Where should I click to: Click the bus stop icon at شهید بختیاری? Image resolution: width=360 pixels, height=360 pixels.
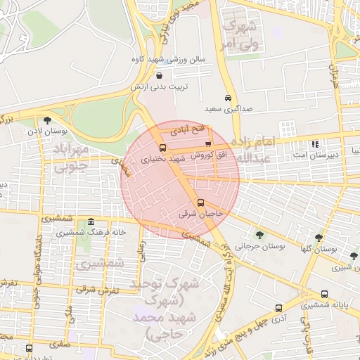pyautogui.click(x=163, y=148)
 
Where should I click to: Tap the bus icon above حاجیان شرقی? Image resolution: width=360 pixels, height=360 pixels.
pyautogui.click(x=201, y=204)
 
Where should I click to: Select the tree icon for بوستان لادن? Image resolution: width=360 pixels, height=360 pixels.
pyautogui.click(x=46, y=120)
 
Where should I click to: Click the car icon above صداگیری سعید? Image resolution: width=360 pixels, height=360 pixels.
pyautogui.click(x=228, y=98)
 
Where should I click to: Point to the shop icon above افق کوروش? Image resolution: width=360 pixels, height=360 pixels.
pyautogui.click(x=207, y=143)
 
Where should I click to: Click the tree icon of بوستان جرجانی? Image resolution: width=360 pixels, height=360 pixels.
pyautogui.click(x=260, y=235)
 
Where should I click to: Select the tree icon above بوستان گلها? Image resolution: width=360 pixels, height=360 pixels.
pyautogui.click(x=319, y=238)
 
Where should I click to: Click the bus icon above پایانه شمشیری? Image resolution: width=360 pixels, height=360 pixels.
pyautogui.click(x=324, y=294)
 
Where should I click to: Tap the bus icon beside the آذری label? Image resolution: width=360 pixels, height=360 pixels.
pyautogui.click(x=278, y=308)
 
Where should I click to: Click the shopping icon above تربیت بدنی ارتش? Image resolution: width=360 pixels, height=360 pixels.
pyautogui.click(x=160, y=76)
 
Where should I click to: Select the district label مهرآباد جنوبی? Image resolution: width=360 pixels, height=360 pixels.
pyautogui.click(x=72, y=158)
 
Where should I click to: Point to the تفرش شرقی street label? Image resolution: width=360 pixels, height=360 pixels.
pyautogui.click(x=95, y=288)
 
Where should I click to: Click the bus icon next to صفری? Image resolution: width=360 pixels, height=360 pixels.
pyautogui.click(x=28, y=347)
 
